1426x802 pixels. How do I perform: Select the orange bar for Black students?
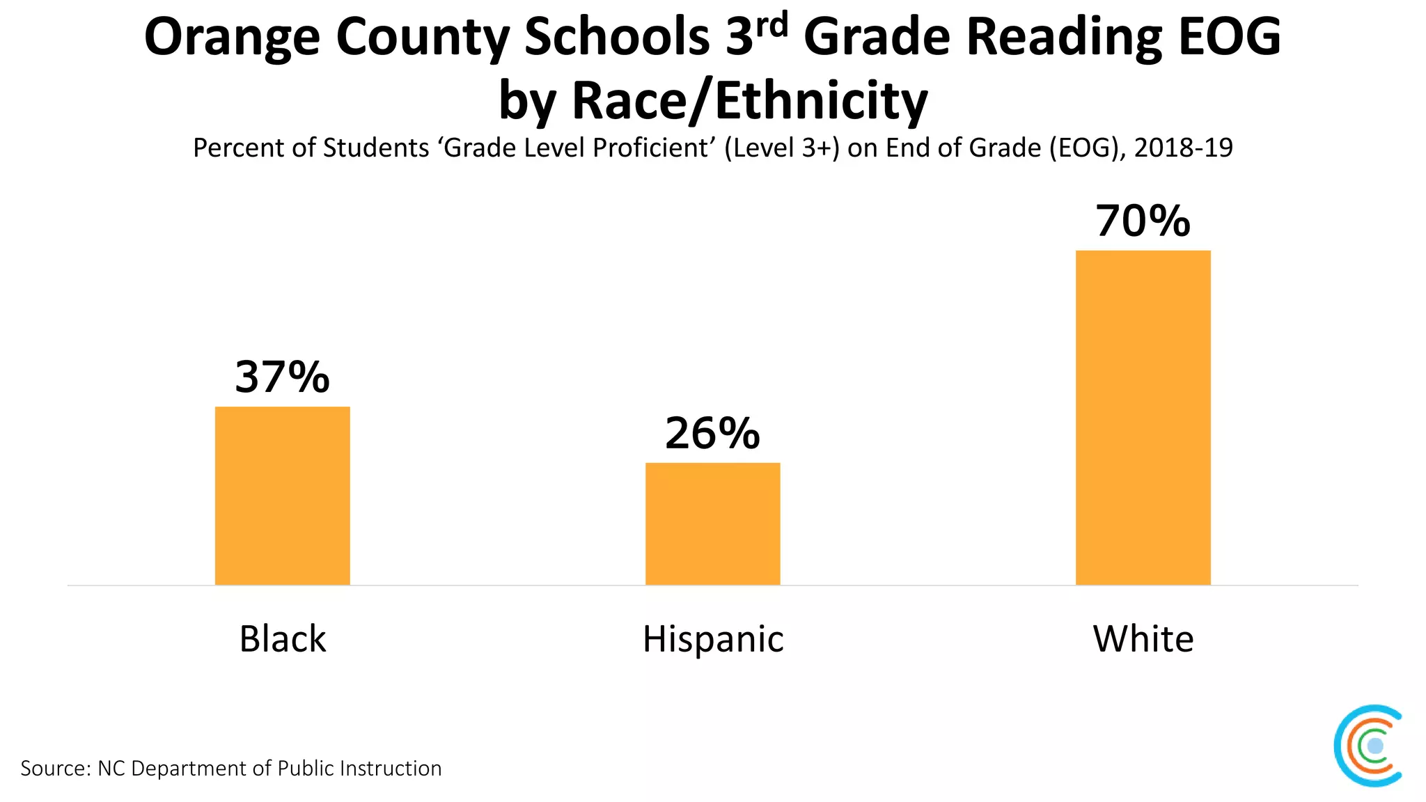point(282,496)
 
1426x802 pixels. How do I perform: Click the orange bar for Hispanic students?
point(712,524)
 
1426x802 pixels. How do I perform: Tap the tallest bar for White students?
point(1143,418)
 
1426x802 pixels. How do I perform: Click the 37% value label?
point(282,377)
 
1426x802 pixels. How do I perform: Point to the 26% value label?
point(712,433)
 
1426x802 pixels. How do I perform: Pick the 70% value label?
point(1143,221)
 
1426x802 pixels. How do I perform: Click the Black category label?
point(282,638)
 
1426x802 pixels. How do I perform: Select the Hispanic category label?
point(712,638)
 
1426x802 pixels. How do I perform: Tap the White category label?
point(1143,638)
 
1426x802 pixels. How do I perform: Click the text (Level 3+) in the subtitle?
point(782,148)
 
